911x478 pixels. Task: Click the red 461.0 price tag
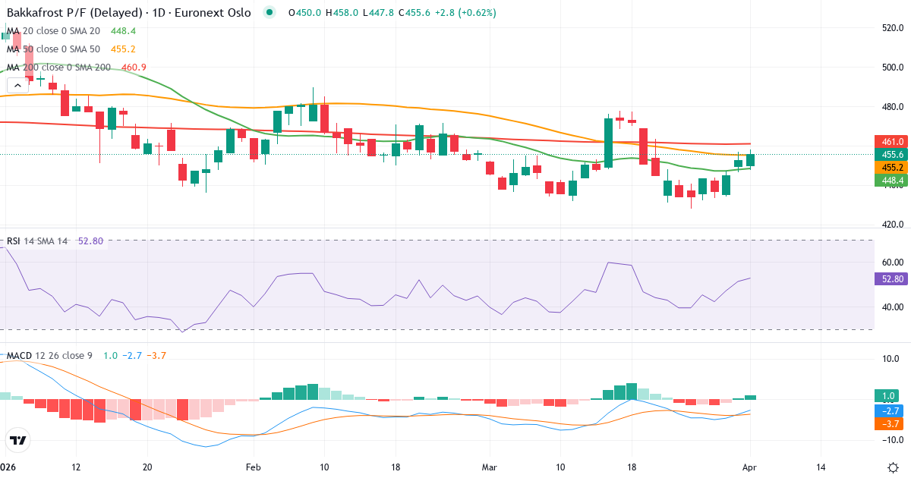893,142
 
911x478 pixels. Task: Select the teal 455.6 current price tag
893,154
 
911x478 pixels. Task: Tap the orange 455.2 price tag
893,167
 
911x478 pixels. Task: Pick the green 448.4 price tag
893,180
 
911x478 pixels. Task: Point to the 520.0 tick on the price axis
893,28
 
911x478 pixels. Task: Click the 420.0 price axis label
893,225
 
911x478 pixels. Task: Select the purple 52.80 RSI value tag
893,279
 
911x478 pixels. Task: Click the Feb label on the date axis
253,467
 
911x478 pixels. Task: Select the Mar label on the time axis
489,467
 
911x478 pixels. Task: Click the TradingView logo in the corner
18,440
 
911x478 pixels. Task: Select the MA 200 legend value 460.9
134,68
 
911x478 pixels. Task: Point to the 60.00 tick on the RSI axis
893,263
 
